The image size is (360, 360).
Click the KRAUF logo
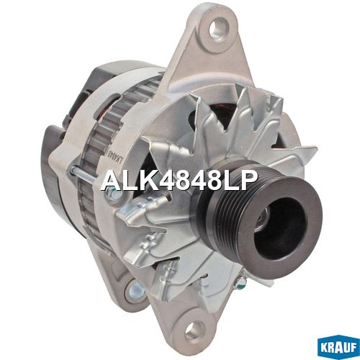[338, 348]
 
